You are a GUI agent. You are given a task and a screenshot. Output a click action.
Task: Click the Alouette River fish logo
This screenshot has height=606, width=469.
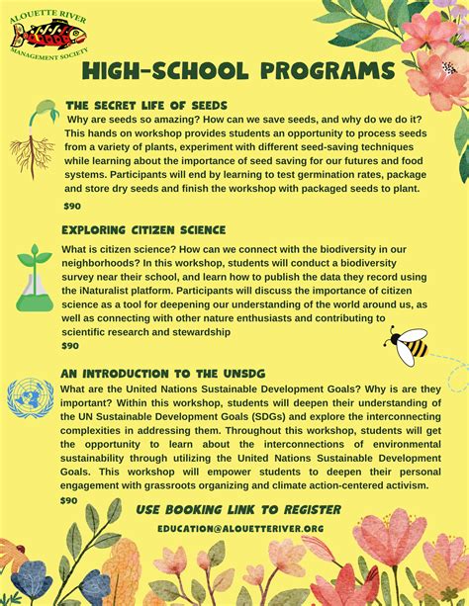click(47, 36)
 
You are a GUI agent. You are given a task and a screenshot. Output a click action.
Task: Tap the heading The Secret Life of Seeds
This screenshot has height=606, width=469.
click(145, 105)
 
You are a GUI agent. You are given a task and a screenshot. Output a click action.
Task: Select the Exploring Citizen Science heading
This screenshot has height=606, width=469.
click(142, 229)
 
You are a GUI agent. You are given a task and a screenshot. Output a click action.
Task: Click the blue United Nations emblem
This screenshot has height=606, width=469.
click(31, 399)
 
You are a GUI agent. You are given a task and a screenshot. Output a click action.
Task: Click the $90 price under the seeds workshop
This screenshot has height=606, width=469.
click(71, 206)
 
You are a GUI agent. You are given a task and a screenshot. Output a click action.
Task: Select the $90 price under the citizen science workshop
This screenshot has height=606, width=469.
click(70, 347)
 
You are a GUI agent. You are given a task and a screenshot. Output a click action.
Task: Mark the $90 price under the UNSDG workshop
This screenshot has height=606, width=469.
click(68, 501)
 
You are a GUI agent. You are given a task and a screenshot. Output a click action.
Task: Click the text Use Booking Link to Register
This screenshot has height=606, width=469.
click(238, 510)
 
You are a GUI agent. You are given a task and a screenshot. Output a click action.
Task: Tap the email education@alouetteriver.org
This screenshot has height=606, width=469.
click(240, 529)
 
